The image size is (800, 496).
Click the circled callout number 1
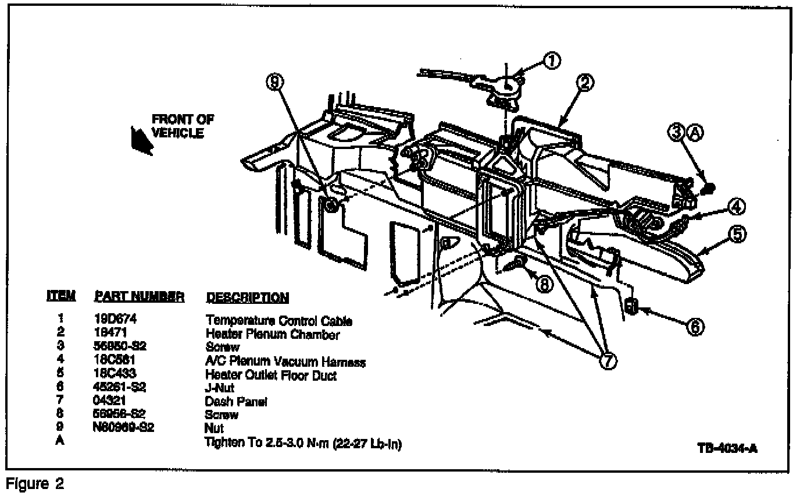point(552,60)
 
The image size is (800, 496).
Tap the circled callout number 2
point(585,83)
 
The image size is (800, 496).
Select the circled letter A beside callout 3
point(695,133)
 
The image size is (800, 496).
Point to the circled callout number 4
point(736,206)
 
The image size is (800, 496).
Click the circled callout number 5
point(737,235)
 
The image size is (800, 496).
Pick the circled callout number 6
point(695,327)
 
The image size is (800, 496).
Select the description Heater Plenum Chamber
point(272,334)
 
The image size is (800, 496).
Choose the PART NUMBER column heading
point(139,297)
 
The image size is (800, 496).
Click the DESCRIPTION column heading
point(247,297)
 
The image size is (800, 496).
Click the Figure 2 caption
point(34,484)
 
